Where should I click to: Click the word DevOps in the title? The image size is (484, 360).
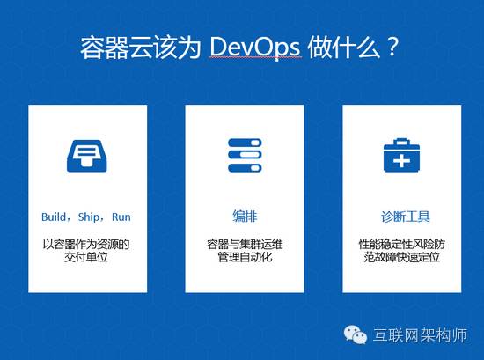coord(255,48)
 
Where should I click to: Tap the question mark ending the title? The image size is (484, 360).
coord(392,47)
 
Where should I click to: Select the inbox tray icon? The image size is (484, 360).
coord(87,156)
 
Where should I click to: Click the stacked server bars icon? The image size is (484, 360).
coord(245,155)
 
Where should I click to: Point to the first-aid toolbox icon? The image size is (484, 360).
coord(401,155)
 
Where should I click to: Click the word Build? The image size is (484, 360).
coord(54,217)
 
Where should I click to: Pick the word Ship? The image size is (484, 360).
coord(89,217)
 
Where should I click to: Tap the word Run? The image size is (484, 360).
coord(121,217)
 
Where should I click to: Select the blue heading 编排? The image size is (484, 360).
coord(245,217)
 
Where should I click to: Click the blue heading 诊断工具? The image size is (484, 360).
coord(406,217)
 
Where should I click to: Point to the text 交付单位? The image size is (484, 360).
coord(86,257)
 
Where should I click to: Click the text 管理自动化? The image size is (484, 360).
coord(245,257)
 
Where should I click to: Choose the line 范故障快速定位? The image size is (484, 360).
coord(401,257)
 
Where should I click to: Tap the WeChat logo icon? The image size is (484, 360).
coord(356,334)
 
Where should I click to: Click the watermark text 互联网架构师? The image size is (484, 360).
coord(420,335)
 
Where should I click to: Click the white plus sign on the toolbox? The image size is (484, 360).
coord(401,161)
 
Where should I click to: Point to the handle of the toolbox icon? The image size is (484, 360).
coord(401,142)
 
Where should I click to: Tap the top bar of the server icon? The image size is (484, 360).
coord(245,143)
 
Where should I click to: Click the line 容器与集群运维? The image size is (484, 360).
coord(245,244)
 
